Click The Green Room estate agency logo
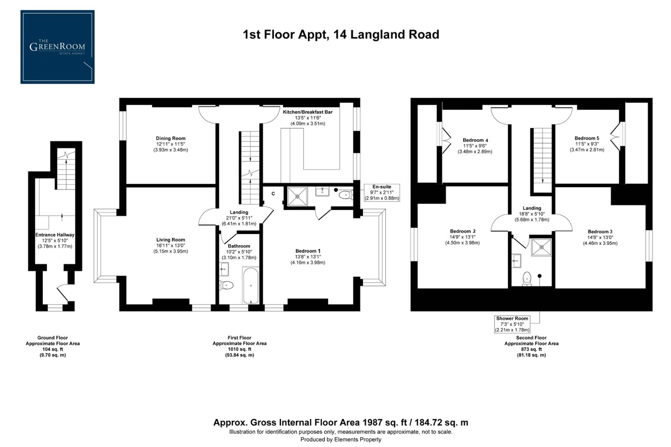click(57, 47)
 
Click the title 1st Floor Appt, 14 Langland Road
click(340, 34)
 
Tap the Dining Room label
click(171, 139)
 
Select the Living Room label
click(171, 240)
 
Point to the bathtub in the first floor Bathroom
click(251, 286)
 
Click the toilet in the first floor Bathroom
click(227, 285)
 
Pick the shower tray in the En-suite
click(297, 196)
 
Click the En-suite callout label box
click(381, 192)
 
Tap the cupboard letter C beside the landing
click(273, 194)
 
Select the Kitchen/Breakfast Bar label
click(307, 112)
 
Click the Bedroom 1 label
click(308, 251)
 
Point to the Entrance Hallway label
click(55, 235)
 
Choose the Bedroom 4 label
click(475, 140)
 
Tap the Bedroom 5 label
click(587, 138)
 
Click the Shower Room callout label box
click(512, 324)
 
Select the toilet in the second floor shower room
click(527, 279)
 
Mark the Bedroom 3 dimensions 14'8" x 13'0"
click(600, 238)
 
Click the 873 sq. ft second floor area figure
click(531, 349)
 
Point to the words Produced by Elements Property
click(340, 440)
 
